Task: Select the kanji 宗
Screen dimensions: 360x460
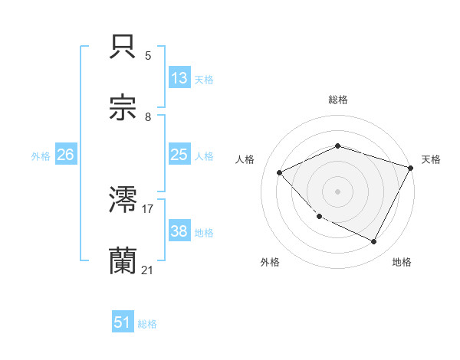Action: pos(124,108)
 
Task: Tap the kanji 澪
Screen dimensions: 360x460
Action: pos(124,200)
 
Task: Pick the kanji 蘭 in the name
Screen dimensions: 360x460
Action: pos(124,261)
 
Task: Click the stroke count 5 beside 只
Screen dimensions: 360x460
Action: pos(148,56)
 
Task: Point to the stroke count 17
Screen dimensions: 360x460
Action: pos(148,208)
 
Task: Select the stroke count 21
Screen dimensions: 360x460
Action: pos(148,270)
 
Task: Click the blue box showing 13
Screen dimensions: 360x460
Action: pos(179,78)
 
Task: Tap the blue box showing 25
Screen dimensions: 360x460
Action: pos(179,155)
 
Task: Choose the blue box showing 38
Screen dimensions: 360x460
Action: pos(179,231)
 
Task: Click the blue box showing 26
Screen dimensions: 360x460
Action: pos(66,155)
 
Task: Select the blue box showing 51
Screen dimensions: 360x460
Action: pos(123,322)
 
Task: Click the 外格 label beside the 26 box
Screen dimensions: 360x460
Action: pos(41,155)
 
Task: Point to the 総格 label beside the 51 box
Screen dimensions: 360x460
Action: pos(147,323)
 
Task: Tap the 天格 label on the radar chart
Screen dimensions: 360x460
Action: pos(431,159)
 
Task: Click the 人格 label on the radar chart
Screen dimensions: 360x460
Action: pos(245,159)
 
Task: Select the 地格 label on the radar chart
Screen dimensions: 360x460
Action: pos(402,262)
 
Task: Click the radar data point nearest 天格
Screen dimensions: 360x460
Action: pos(411,168)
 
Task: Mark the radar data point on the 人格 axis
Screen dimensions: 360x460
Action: pos(280,172)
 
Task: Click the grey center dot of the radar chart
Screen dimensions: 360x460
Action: pos(337,191)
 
